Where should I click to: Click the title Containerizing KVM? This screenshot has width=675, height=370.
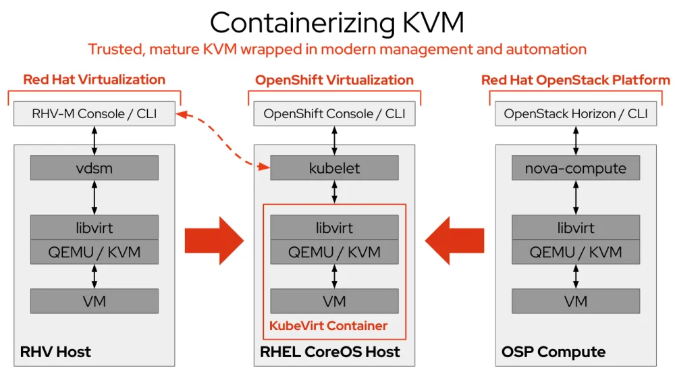coord(337,22)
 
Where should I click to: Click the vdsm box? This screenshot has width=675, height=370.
coord(94,168)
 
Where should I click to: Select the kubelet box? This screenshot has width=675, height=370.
coord(334,168)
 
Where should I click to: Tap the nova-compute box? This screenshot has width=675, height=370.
coord(576,168)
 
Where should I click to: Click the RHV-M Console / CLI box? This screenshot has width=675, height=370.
coord(94,114)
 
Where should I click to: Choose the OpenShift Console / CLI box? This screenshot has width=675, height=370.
coord(334,114)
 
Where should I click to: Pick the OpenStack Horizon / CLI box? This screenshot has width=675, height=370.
coord(576,114)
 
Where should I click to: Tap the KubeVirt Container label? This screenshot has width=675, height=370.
coord(329,326)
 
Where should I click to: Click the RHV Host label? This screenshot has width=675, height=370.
coord(55,352)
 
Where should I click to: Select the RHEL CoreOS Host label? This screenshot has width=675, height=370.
coord(330,352)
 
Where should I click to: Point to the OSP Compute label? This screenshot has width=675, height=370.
coord(553,352)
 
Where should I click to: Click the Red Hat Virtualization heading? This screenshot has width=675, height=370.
coord(94,80)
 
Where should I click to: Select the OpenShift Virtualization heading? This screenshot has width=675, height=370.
coord(334,80)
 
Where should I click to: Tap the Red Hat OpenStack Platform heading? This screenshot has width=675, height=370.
coord(576,80)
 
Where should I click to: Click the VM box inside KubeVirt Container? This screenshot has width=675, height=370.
coord(334,301)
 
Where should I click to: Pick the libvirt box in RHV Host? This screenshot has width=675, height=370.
coord(94,227)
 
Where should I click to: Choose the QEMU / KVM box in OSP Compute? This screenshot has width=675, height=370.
coord(576,252)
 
